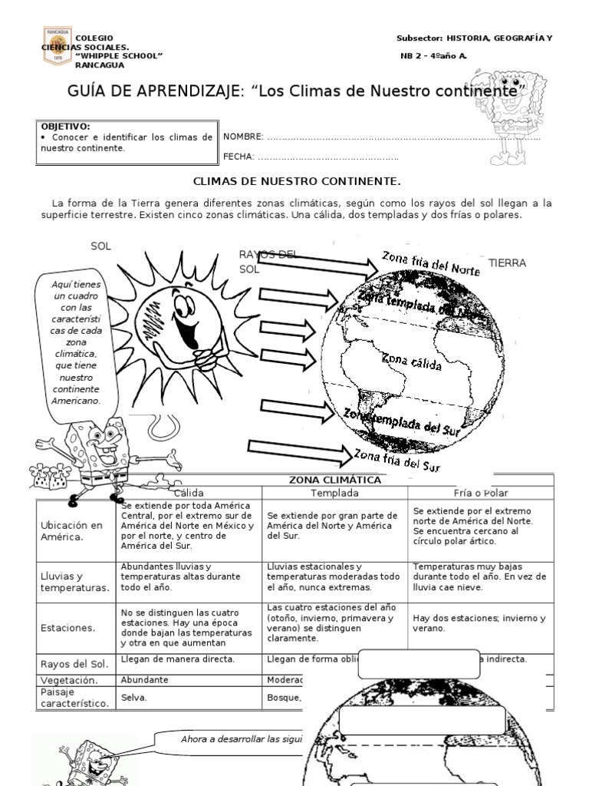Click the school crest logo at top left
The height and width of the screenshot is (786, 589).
tap(56, 45)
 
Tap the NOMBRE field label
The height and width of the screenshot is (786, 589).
tap(242, 137)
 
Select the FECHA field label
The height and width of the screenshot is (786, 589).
tap(238, 157)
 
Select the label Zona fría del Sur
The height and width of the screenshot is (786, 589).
tap(397, 459)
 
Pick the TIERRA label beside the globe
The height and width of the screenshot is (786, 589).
tap(507, 263)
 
